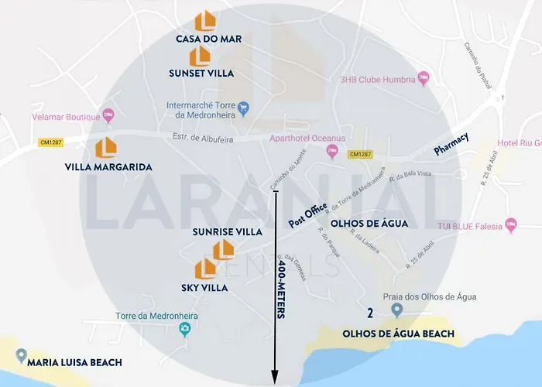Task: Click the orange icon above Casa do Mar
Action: coord(205,21)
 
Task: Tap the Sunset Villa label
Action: coord(201,73)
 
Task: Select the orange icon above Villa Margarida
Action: coord(105,147)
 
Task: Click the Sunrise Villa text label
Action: coord(227,231)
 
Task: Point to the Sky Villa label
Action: coord(204,287)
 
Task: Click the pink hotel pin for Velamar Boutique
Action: coord(108,115)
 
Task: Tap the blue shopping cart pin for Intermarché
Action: coord(243,108)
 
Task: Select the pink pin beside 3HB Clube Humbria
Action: coord(423,78)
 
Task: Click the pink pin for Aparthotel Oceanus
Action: coord(332,151)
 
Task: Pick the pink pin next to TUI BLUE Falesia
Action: coord(510,224)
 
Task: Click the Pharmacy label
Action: coord(451,144)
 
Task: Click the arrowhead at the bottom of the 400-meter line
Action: coord(275,378)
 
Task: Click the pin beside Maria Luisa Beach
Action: coord(20,355)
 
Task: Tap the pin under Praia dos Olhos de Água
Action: coord(397,310)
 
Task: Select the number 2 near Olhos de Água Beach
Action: coord(370,313)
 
